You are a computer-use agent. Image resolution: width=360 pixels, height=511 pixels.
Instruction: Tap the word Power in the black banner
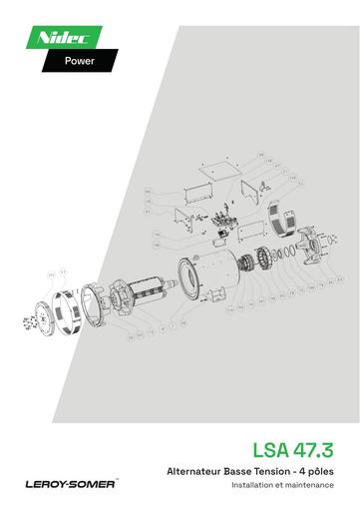coord(80,60)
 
